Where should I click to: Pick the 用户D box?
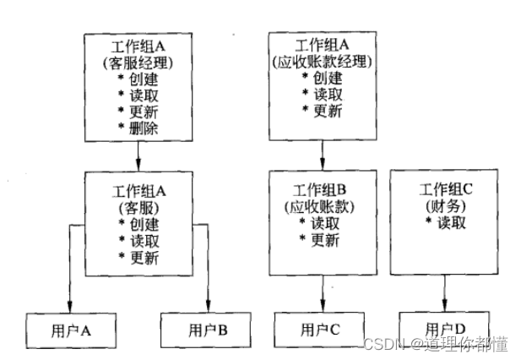click(444, 328)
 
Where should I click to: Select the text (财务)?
click(442, 205)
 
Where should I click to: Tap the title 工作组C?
click(443, 189)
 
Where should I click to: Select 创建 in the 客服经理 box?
click(139, 79)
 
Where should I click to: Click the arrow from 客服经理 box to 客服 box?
click(138, 155)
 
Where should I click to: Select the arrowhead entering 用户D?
click(444, 307)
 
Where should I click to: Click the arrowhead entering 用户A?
click(70, 307)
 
